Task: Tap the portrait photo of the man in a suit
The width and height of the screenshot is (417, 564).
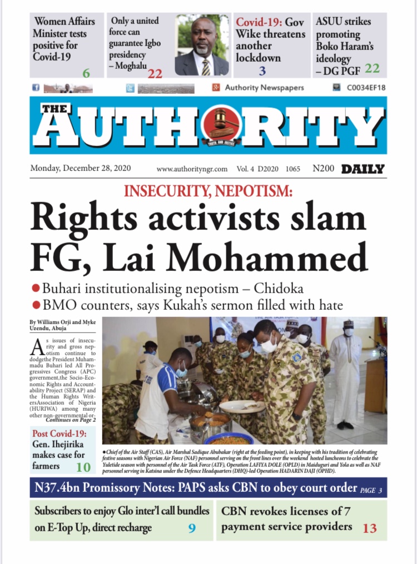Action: pos(201,46)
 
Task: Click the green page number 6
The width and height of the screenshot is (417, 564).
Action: pos(86,73)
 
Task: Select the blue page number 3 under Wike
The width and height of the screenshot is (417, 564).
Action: pos(262,70)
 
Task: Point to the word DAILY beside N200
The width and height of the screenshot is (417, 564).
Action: pos(363,169)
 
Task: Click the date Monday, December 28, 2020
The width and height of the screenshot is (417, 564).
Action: pos(80,169)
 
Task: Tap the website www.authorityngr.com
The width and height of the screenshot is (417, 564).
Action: pos(192,169)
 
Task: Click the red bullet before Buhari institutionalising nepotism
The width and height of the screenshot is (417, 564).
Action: pos(36,289)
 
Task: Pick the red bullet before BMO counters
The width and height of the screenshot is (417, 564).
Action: pos(36,305)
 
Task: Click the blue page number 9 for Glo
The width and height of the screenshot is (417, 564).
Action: pos(191,528)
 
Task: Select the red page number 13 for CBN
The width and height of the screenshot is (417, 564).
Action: pos(370,528)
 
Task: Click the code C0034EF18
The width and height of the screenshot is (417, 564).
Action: pos(366,88)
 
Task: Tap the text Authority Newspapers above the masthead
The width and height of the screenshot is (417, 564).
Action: pos(264,88)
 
